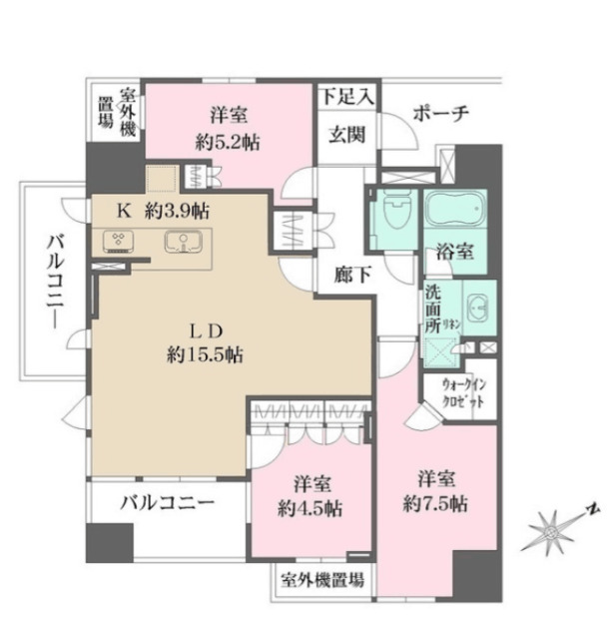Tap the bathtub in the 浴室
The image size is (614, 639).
click(x=456, y=210)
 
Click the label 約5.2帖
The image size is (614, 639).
click(x=228, y=143)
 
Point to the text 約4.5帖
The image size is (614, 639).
click(x=309, y=507)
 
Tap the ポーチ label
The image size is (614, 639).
click(x=439, y=112)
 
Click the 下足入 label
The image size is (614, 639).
click(x=346, y=98)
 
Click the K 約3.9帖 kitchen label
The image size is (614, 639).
click(x=163, y=211)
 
